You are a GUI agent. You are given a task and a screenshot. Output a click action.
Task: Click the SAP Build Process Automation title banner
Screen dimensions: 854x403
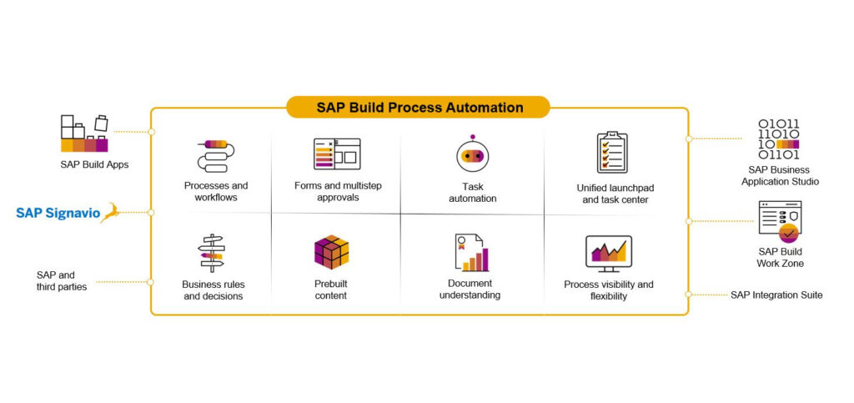[418, 108]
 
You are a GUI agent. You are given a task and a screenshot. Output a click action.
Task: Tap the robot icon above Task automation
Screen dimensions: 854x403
[472, 154]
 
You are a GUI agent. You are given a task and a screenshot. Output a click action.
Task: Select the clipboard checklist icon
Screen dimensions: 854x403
[612, 153]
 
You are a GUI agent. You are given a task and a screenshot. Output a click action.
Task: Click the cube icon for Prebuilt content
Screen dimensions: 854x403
[331, 252]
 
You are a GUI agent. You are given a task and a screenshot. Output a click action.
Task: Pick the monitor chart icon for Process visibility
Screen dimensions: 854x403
[608, 254]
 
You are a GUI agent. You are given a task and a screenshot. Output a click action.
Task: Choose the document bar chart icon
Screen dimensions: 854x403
[472, 252]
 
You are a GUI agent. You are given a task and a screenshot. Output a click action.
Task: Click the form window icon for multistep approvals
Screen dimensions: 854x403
[337, 154]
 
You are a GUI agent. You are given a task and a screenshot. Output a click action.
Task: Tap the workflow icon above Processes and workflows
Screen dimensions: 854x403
[216, 156]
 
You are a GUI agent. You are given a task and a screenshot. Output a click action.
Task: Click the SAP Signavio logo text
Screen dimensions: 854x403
[58, 213]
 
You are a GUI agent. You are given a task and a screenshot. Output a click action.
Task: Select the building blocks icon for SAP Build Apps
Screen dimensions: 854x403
[84, 133]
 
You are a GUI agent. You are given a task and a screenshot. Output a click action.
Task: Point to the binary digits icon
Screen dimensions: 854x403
[779, 139]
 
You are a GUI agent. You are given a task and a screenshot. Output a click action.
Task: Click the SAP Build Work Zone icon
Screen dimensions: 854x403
[780, 222]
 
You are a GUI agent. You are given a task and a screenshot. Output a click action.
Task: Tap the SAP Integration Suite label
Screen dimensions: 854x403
[776, 295]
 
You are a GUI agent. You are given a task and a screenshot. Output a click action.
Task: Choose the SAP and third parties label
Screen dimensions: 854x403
[62, 281]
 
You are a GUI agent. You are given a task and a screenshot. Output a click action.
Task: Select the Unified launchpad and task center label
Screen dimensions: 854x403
[615, 194]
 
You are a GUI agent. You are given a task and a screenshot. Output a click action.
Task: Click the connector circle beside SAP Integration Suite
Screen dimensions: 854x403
[688, 294]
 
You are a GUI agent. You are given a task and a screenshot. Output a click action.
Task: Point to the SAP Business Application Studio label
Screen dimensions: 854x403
[780, 176]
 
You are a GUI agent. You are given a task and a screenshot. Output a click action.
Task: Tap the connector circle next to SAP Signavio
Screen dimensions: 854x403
[151, 213]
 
